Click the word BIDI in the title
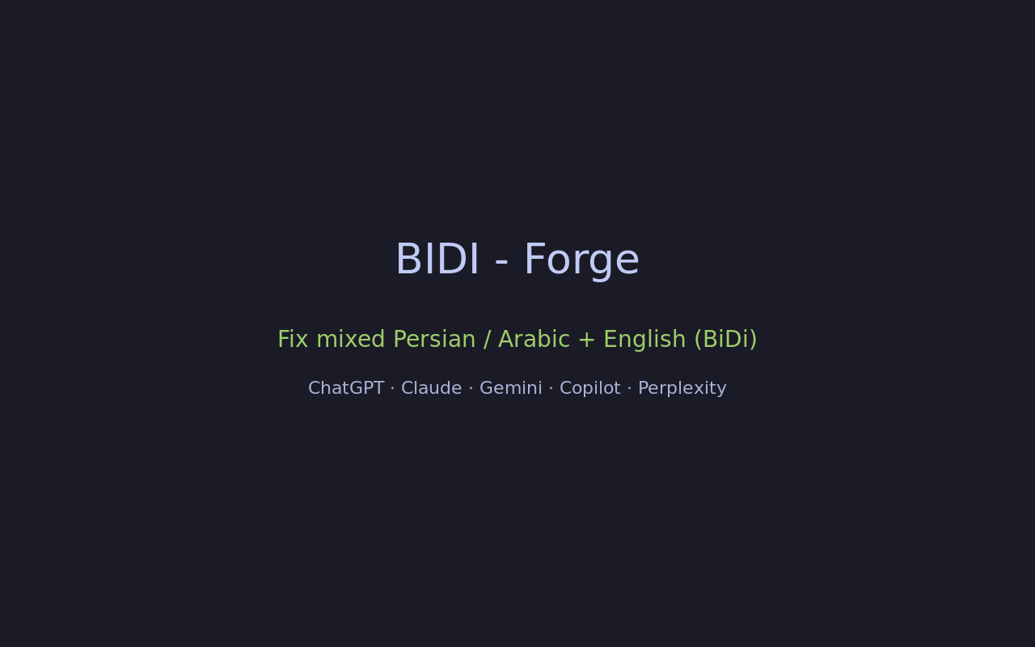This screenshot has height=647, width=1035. click(x=437, y=259)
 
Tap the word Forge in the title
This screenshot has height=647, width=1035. click(x=581, y=261)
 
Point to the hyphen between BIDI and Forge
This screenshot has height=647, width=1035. click(x=501, y=264)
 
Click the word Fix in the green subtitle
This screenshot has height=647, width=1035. click(x=293, y=339)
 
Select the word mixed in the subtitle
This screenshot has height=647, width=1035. click(x=351, y=339)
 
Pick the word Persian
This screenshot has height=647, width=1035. click(x=434, y=339)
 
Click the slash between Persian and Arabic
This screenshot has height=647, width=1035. click(x=487, y=340)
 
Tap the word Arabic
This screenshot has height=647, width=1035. click(x=534, y=339)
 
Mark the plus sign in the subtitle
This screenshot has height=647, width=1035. click(x=586, y=340)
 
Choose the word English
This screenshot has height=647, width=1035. click(x=644, y=340)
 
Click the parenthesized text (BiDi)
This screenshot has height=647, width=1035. click(x=726, y=340)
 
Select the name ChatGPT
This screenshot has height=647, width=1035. click(x=346, y=388)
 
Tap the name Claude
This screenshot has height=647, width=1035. click(x=432, y=388)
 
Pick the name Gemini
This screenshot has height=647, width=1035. click(x=510, y=388)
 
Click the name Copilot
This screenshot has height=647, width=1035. click(x=590, y=389)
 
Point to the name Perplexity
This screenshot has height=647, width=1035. click(x=682, y=389)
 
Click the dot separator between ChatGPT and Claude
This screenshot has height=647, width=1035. click(x=393, y=389)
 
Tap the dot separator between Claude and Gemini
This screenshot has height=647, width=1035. click(x=471, y=389)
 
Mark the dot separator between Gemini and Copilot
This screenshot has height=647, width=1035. click(x=551, y=389)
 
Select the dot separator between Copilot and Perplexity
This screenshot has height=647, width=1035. click(x=629, y=389)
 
